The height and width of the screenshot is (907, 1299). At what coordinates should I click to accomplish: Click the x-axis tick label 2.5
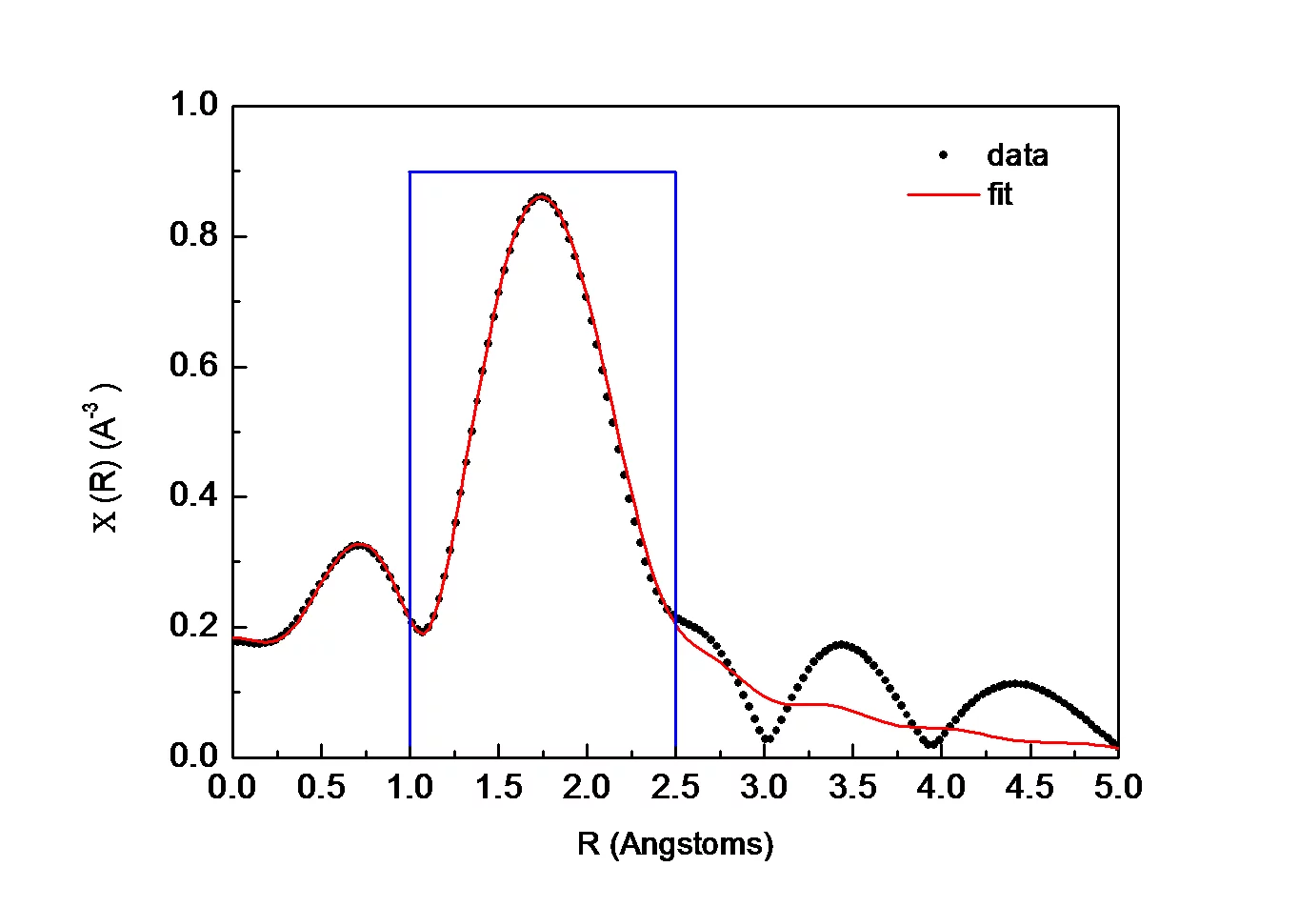[675, 788]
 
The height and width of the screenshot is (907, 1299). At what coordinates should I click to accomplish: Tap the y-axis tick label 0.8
[194, 235]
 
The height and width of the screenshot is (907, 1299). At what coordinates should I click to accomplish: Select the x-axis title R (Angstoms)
[675, 844]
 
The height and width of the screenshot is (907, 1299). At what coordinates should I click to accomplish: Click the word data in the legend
[1017, 155]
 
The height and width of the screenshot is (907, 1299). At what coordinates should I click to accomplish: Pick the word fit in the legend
[999, 194]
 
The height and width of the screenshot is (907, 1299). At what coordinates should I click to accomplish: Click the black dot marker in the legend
[943, 155]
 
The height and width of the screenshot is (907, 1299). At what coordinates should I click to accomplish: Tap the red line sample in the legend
[943, 194]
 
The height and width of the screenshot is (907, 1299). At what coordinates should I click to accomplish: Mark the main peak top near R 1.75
[541, 197]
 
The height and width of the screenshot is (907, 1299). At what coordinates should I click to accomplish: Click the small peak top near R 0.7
[357, 546]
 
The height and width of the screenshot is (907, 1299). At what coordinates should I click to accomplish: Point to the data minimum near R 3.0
[767, 738]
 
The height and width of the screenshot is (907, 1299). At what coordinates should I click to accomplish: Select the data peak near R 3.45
[842, 645]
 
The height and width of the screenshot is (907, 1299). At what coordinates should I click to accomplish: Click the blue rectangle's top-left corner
[410, 172]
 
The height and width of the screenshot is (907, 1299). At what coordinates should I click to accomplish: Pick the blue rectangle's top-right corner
[675, 172]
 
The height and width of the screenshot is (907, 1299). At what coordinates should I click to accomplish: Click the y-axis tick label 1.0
[194, 105]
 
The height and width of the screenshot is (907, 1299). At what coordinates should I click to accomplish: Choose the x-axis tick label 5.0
[1117, 788]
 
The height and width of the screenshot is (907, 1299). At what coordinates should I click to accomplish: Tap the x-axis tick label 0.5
[321, 788]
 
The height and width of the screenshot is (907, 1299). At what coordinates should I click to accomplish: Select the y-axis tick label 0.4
[194, 495]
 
